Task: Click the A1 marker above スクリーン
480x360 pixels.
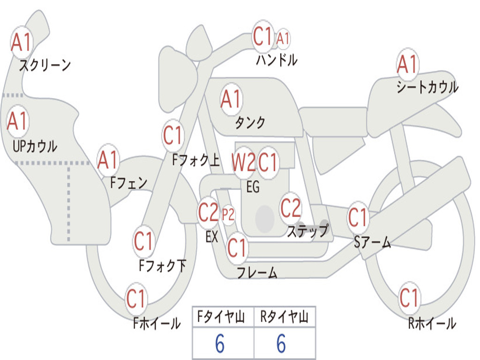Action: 21,43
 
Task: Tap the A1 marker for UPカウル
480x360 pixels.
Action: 18,121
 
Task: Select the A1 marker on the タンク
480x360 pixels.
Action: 231,99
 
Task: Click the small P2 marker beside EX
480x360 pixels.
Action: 228,215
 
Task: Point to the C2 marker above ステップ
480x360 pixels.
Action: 291,208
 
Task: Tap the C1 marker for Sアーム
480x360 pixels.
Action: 358,217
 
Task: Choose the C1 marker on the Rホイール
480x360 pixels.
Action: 409,297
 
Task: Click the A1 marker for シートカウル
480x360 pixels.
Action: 407,64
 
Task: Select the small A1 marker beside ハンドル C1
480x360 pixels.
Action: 283,38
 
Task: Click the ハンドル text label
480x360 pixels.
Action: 277,60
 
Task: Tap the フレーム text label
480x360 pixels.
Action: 257,272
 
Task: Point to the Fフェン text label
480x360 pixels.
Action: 129,182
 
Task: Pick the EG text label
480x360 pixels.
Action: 253,187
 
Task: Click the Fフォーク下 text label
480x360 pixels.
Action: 163,266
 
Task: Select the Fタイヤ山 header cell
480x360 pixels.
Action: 222,318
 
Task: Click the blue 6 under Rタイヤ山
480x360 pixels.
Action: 281,344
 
